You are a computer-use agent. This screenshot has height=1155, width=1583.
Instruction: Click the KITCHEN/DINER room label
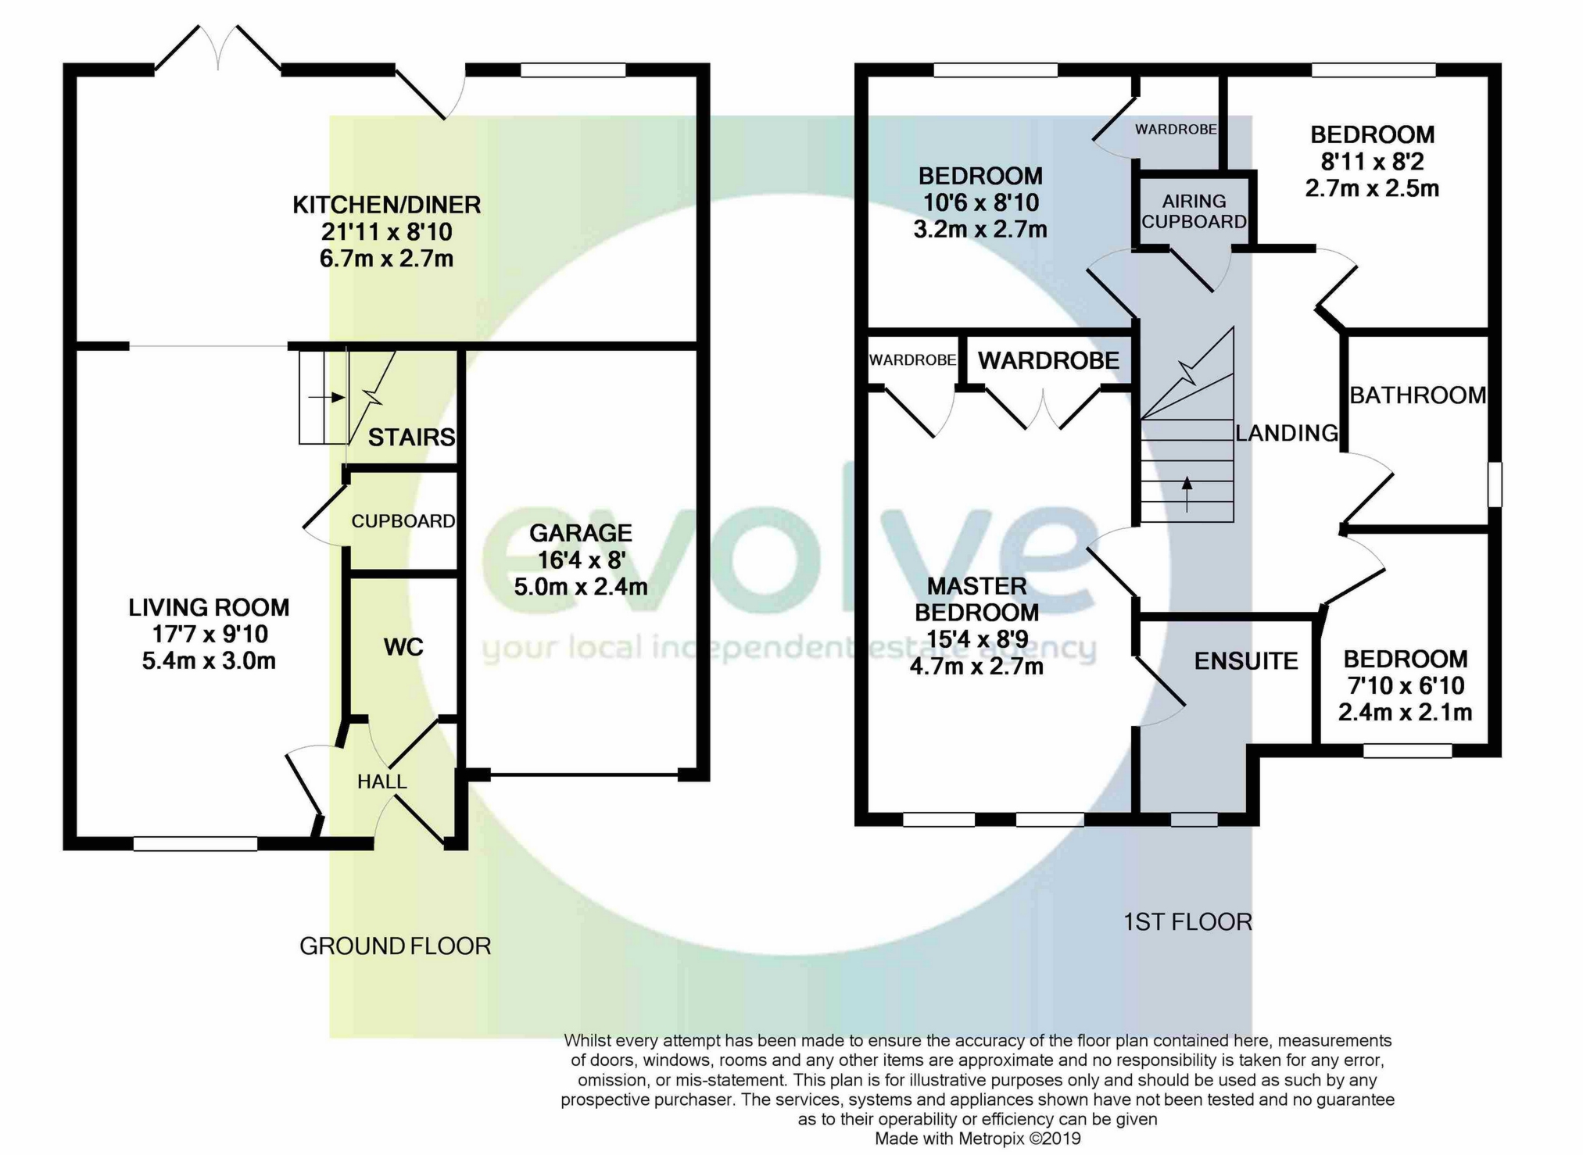pos(387,205)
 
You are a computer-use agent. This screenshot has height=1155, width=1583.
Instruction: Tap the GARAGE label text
pos(581,533)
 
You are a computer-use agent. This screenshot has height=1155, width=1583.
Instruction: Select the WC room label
pos(403,646)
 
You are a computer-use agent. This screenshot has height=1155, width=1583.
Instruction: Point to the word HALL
pos(381,781)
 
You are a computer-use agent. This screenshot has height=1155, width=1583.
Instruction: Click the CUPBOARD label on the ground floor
pos(403,521)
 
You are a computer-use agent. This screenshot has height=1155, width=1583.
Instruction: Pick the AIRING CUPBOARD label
pos(1194,212)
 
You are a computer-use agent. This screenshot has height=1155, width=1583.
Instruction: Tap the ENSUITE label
pos(1246,661)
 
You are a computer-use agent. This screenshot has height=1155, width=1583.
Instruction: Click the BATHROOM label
pos(1417,395)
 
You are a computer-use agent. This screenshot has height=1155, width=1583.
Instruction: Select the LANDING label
pos(1287,433)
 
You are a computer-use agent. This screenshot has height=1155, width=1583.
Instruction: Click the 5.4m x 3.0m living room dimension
pos(209,661)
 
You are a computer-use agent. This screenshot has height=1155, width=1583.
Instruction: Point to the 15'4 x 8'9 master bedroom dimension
pos(976,639)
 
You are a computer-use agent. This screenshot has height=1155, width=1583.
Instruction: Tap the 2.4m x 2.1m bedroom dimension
pos(1405,713)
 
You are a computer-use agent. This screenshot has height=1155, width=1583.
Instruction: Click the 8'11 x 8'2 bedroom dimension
pos(1372,162)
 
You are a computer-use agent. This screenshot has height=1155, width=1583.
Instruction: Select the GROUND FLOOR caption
pos(395,946)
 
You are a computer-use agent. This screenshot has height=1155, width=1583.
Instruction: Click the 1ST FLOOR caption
pos(1187,922)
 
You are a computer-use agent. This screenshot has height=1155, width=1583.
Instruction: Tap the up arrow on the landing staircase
pos(1187,494)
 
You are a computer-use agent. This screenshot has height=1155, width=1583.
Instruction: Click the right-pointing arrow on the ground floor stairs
pos(327,397)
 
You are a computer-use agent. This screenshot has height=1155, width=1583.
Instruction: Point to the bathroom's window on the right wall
pos(1495,485)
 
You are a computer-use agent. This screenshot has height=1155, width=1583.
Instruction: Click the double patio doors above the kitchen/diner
pos(218,48)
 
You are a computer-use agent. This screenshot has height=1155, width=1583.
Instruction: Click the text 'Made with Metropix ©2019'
pos(977,1139)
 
